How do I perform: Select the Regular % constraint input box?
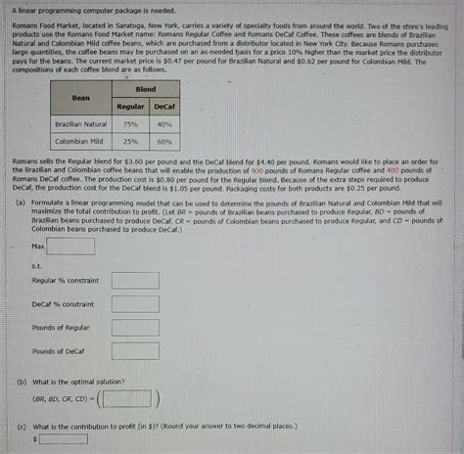(x=134, y=280)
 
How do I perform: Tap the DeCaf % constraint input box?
(x=134, y=303)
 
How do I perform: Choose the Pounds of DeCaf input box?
(x=134, y=350)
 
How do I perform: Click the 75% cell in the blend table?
(x=130, y=124)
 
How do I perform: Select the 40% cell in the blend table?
(x=163, y=124)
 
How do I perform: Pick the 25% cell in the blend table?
(x=130, y=141)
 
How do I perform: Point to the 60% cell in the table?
(x=163, y=141)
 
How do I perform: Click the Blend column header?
(x=146, y=88)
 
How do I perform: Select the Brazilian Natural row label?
(x=81, y=124)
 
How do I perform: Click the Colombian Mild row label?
(x=81, y=141)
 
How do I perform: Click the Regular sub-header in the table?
(x=130, y=105)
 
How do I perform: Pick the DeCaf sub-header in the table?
(x=163, y=105)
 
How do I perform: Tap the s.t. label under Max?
(x=36, y=263)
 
